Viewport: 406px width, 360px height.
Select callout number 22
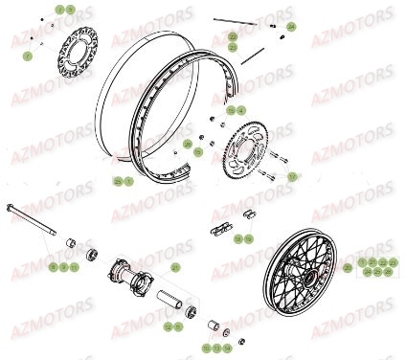click(x=233, y=36)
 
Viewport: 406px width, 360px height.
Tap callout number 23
click(x=233, y=46)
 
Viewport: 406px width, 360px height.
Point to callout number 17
click(x=292, y=176)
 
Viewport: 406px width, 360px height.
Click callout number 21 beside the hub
click(x=175, y=267)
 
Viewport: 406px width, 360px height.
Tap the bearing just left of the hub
click(x=94, y=256)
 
